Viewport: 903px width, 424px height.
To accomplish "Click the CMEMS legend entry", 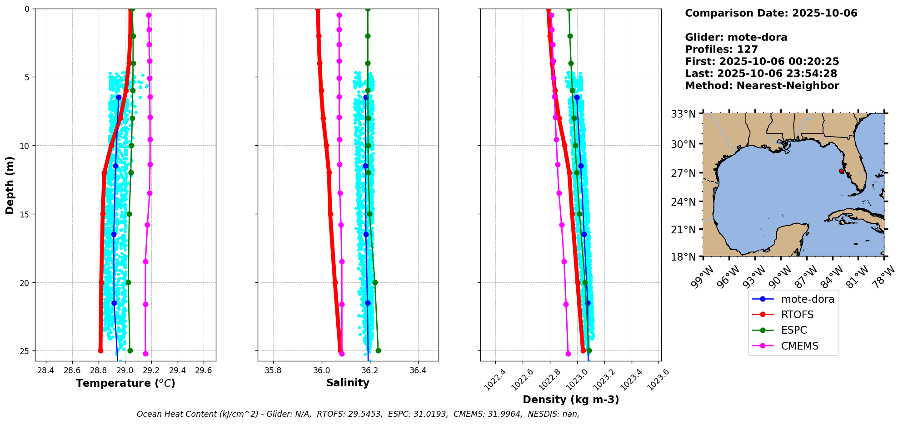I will point(799,346).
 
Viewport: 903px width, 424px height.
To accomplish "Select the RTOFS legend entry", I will point(797,315).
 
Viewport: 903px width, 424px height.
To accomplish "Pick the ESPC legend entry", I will point(794,330).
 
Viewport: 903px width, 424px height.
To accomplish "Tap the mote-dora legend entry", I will point(808,299).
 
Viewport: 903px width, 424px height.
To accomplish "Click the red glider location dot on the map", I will point(841,171).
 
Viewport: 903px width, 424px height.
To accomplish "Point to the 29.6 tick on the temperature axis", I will point(203,370).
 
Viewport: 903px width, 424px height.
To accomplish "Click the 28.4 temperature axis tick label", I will point(45,370).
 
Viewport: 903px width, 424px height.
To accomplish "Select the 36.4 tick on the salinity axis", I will point(418,370).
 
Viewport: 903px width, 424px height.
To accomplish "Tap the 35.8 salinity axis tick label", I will point(273,370).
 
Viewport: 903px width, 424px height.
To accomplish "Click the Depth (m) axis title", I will point(10,185).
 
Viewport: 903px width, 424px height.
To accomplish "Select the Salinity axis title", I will point(348,383).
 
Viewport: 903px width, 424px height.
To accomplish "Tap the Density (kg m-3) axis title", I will point(571,399).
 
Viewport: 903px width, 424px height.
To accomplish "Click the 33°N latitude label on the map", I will point(683,114).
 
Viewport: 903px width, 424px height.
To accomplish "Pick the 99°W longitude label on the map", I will point(703,277).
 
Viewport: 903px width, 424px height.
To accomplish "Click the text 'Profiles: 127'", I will point(721,49).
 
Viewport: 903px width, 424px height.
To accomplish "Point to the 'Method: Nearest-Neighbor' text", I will point(762,85).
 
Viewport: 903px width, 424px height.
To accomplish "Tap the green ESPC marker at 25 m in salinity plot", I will point(378,350).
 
